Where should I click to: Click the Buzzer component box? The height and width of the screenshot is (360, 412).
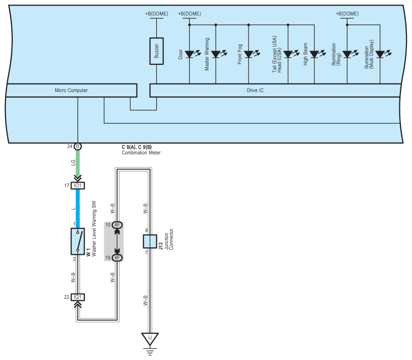[x=156, y=51]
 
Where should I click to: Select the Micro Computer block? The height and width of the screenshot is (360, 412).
[x=71, y=91]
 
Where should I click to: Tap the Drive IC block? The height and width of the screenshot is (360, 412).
[x=275, y=91]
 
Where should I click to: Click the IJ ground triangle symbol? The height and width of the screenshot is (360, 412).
[x=150, y=338]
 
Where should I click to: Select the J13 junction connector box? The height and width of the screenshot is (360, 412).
[x=150, y=241]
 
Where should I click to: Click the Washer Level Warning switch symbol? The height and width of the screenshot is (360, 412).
[x=78, y=241]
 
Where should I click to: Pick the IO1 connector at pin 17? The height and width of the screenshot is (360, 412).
[x=78, y=186]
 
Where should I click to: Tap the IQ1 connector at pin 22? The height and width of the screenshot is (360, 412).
[x=78, y=297]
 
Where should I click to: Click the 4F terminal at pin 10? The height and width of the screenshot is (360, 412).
[x=117, y=225]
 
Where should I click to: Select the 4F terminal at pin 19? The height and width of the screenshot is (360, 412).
[x=117, y=258]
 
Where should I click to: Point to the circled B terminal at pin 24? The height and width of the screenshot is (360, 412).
[x=78, y=147]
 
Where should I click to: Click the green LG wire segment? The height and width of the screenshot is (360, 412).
[x=78, y=163]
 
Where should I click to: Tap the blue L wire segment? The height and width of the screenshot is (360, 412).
[x=78, y=209]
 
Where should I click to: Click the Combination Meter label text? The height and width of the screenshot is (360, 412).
[x=141, y=153]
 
